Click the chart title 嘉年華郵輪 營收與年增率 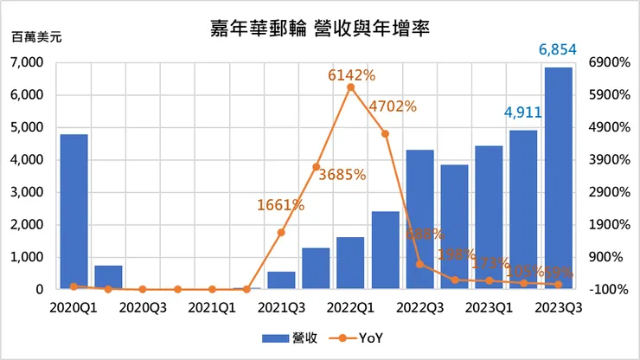pos(320,28)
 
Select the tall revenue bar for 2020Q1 pos(74,212)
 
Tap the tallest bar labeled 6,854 pos(558,178)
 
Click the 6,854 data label pos(558,50)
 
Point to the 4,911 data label pos(522,112)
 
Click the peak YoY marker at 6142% pos(350,87)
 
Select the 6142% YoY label pos(351,75)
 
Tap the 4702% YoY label pos(393,107)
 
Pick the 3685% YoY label pos(342,174)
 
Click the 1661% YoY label pos(280,205)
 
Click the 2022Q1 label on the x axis pos(350,306)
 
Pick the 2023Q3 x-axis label pos(558,306)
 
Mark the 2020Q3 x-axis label pos(143,306)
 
